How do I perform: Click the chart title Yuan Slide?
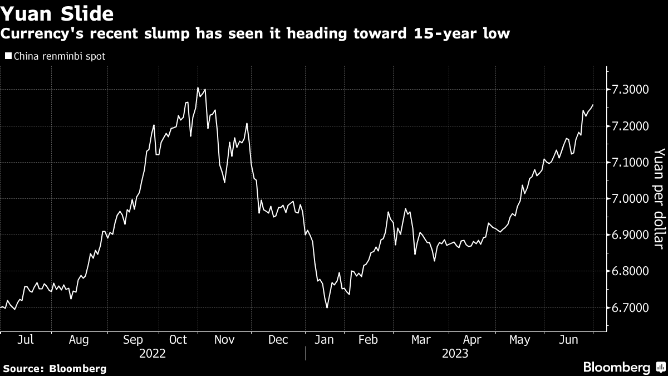57,13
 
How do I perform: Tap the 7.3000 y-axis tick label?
630,90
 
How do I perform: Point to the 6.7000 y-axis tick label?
630,307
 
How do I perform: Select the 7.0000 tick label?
630,198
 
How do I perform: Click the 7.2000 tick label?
630,126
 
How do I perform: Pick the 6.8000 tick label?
630,271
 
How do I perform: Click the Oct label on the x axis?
178,340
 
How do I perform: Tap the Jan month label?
324,340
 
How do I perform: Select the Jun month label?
568,340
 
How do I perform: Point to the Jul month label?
26,340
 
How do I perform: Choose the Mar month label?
421,340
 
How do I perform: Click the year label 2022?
153,354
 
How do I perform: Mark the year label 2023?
455,354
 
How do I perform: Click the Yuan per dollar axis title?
659,198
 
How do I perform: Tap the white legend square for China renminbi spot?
8,56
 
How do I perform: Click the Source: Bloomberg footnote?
55,369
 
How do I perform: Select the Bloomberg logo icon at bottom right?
660,367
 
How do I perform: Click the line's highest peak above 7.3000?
198,87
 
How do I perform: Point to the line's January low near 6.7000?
327,307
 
